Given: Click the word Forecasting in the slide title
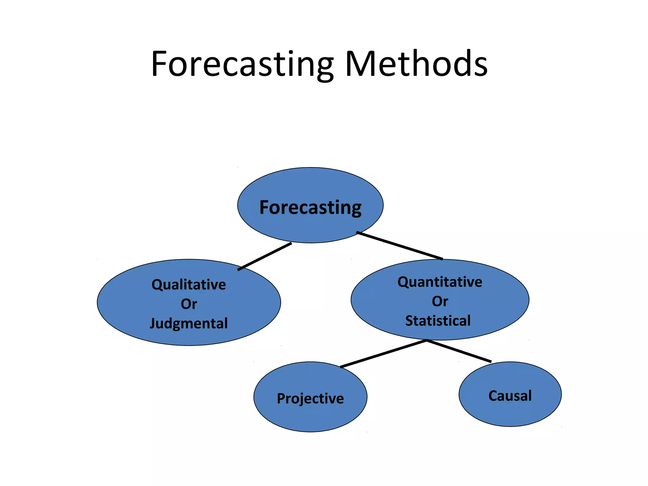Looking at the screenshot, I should pos(242,64).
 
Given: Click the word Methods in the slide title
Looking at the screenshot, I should pos(416,64).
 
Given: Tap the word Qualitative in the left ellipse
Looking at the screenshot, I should pos(189,284).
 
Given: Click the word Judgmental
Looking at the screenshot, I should pos(189,323).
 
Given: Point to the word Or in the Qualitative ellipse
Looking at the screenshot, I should pos(189,304).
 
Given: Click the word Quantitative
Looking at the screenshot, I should pos(440,282).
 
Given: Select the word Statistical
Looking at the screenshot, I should pos(438,321).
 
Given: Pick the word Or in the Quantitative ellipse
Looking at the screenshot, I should pos(440,301).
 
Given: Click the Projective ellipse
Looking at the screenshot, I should pos(310,414).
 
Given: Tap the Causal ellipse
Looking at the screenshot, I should pos(510,411).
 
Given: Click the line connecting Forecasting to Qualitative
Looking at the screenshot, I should pos(265,256).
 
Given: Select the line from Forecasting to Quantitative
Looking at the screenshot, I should pos(400,246).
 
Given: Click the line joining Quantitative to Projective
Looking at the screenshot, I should pos(383,353).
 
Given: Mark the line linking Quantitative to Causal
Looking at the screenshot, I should pos(459,351).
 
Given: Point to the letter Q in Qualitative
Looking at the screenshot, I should pos(157,284).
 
